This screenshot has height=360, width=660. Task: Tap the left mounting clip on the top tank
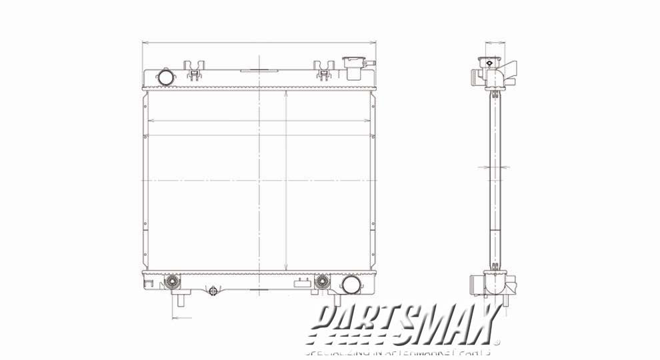195,69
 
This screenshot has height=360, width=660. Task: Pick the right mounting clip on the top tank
325,69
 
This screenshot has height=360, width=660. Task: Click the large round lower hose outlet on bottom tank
351,285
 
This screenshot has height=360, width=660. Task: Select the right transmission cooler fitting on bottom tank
323,281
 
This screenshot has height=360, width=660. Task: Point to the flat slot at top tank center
258,69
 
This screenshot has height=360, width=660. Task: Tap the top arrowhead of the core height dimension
286,94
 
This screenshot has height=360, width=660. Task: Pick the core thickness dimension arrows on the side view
495,166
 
